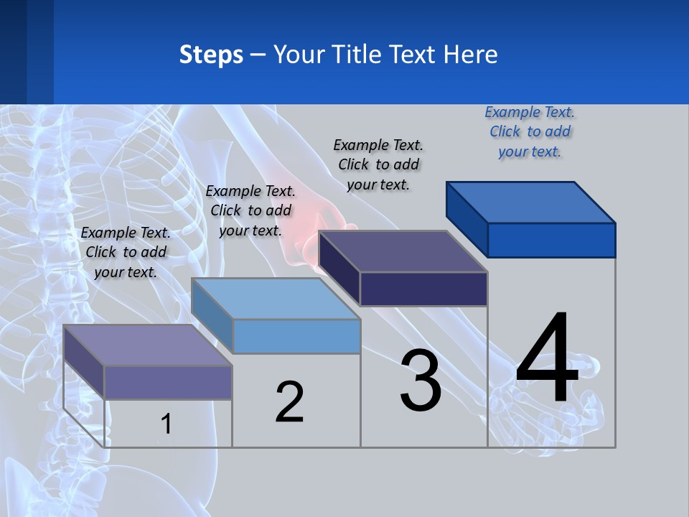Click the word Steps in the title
tap(211, 55)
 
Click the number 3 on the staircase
tap(421, 381)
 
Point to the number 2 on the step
tap(289, 402)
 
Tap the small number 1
tap(166, 424)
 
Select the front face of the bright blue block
tap(551, 240)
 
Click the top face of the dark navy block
tap(403, 251)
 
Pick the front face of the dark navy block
tap(423, 289)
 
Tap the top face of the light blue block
tap(276, 298)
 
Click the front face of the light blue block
tap(296, 336)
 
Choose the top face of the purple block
tap(147, 345)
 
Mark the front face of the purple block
tap(168, 382)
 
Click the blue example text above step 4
tap(530, 132)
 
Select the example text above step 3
tap(378, 164)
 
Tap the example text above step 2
tap(250, 210)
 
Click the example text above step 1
tap(126, 252)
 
